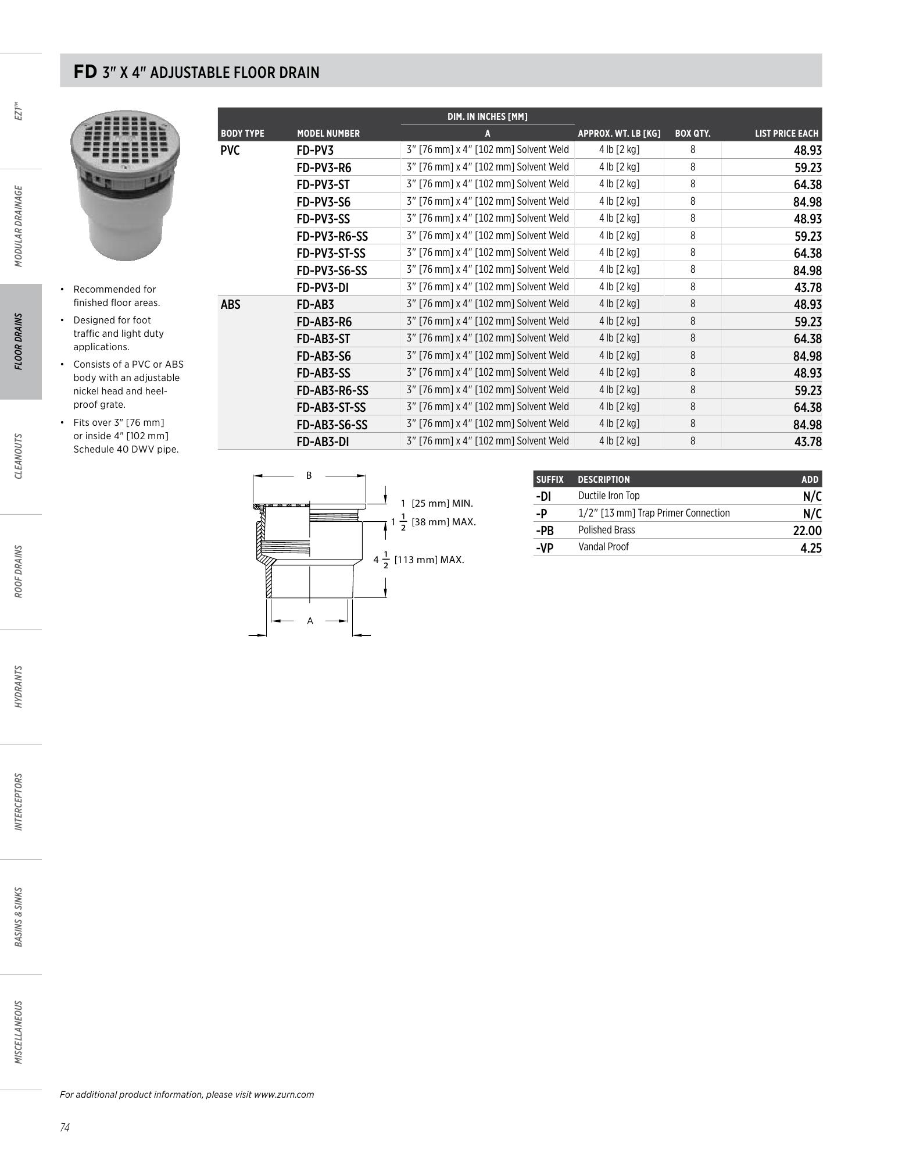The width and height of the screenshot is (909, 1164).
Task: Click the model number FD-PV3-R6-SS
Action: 332,236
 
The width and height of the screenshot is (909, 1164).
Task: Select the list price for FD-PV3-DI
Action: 807,288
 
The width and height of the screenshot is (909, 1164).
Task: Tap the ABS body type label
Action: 230,305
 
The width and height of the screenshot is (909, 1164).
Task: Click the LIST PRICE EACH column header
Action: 786,134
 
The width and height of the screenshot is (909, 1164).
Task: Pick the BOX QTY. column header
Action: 692,134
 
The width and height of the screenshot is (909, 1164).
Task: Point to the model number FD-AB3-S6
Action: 323,356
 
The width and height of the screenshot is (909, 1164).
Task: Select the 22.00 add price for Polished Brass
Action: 807,531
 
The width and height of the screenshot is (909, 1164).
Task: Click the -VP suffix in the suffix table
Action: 545,547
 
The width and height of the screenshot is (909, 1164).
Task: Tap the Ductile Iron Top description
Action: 609,496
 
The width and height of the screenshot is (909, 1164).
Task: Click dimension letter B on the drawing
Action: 309,475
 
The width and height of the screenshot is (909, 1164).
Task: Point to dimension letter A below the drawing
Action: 310,621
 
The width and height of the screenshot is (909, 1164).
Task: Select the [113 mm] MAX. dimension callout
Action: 429,560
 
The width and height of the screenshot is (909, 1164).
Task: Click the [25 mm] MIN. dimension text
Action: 442,503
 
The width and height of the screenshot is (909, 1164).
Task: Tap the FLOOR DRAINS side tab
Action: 19,341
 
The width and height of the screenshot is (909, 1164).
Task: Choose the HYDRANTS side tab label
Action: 19,686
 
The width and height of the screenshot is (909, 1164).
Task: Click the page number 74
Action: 65,1128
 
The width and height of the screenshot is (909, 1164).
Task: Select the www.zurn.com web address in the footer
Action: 284,1094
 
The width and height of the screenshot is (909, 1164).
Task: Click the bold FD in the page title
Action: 85,72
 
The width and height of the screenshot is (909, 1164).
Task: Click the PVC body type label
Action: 230,151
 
